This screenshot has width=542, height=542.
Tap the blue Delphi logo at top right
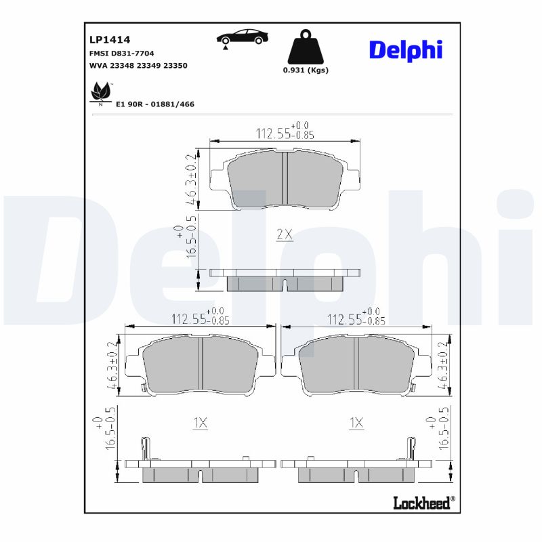405,49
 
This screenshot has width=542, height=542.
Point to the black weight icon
306,47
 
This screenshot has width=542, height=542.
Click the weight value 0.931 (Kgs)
306,70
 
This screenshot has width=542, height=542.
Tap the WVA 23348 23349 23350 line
138,66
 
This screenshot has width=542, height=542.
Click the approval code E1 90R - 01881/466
155,104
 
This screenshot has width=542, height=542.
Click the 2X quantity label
284,235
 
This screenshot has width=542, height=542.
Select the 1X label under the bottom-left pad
200,423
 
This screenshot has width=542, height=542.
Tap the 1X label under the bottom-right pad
356,423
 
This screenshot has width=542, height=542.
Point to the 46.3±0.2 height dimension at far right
444,364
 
